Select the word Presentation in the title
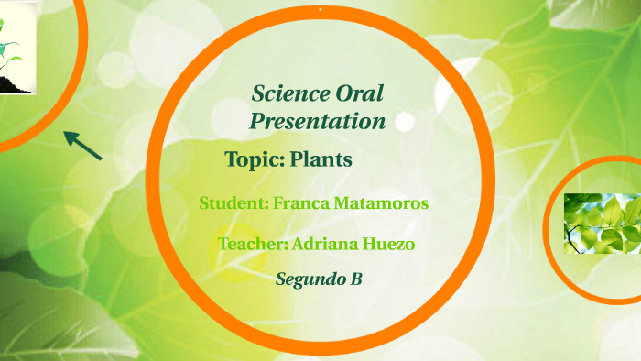[318, 121]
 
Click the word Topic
[254, 159]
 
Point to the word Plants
[320, 159]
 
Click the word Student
[234, 203]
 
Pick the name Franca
[304, 203]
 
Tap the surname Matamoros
[384, 203]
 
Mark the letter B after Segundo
[356, 279]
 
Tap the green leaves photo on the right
[602, 223]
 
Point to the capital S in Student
[205, 203]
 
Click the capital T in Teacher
[223, 244]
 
